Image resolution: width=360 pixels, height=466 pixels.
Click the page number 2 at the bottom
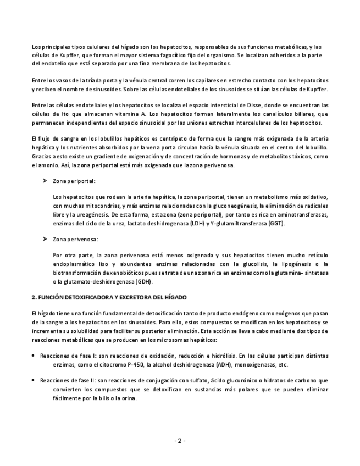[x=180, y=441]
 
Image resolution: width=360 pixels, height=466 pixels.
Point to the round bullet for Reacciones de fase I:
[x=34, y=356]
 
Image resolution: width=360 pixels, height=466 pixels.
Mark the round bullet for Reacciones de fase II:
[x=34, y=380]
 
